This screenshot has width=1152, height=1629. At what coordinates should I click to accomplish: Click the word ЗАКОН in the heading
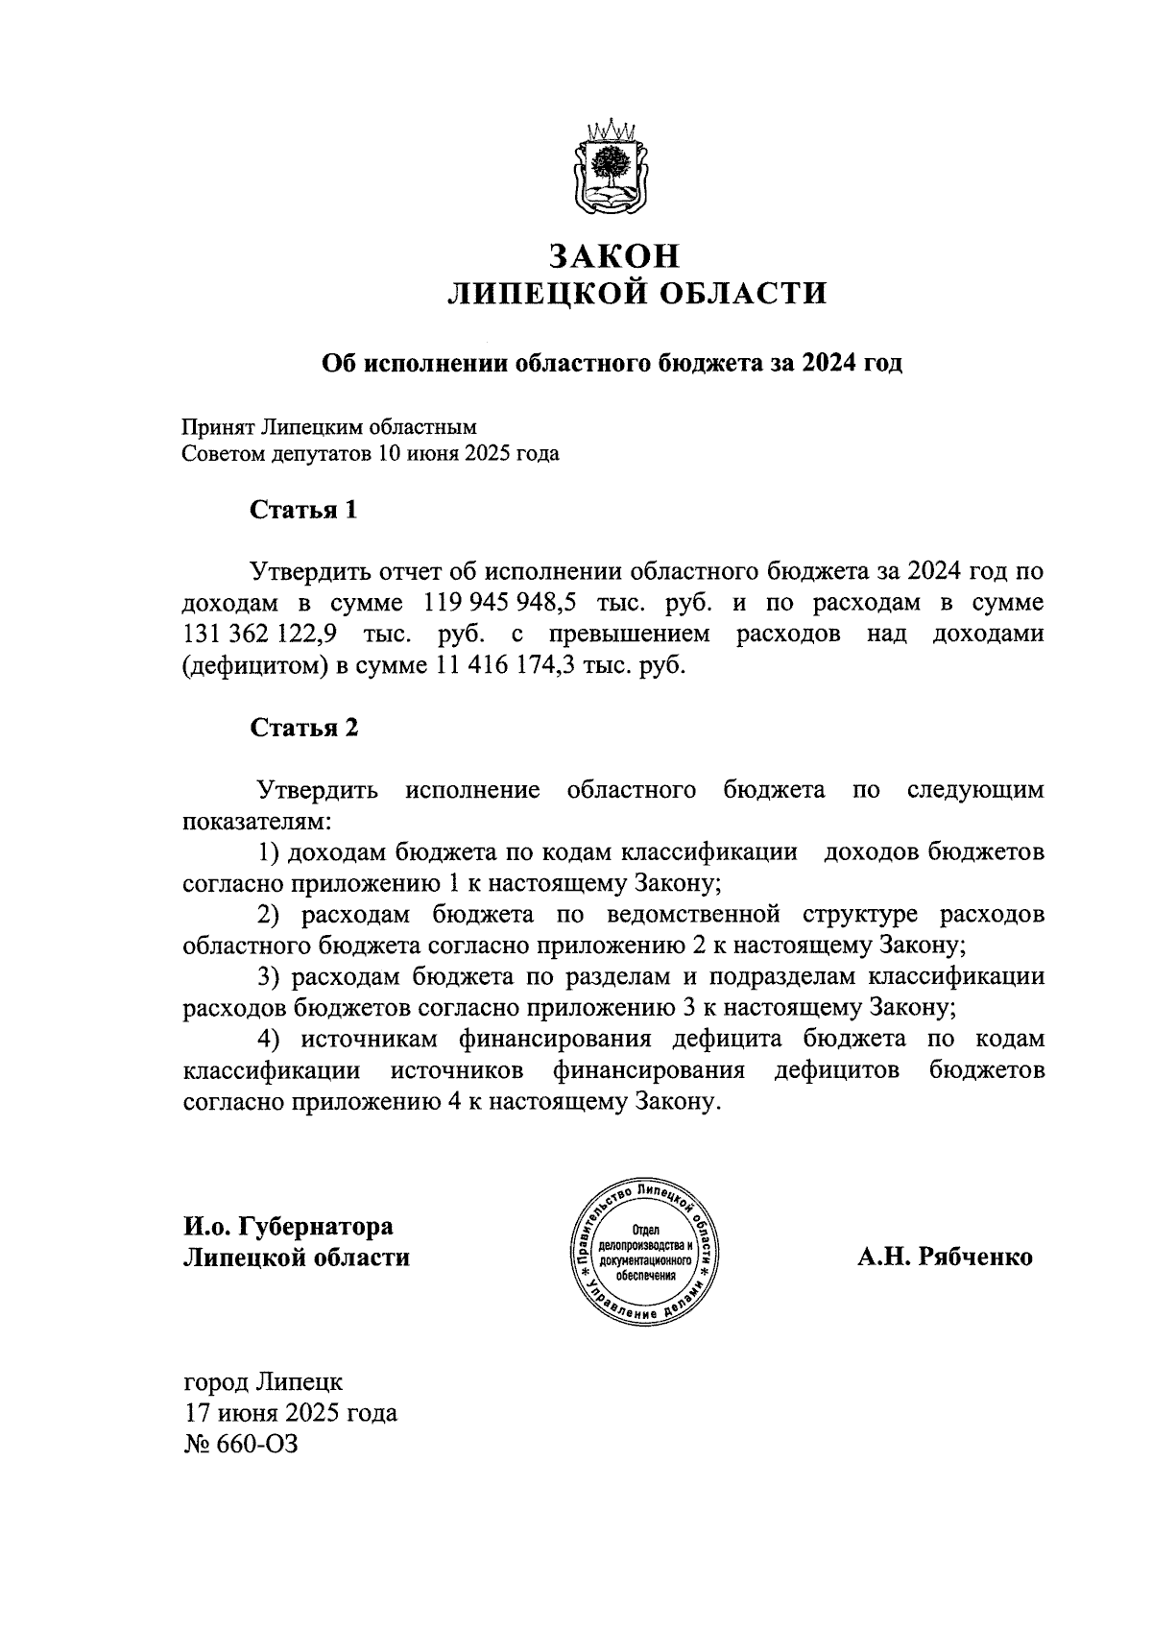[614, 256]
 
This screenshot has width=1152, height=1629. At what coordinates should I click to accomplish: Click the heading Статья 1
[303, 510]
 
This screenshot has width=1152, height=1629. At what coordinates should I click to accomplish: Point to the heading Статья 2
[303, 728]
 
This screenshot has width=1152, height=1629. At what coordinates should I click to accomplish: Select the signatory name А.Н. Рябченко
[945, 1257]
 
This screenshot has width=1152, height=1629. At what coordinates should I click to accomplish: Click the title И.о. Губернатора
[288, 1226]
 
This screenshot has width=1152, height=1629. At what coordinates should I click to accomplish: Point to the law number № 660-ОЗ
[240, 1444]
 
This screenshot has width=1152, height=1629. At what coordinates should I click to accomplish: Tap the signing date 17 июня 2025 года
[290, 1413]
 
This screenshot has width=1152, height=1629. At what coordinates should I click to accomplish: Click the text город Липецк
[262, 1382]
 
